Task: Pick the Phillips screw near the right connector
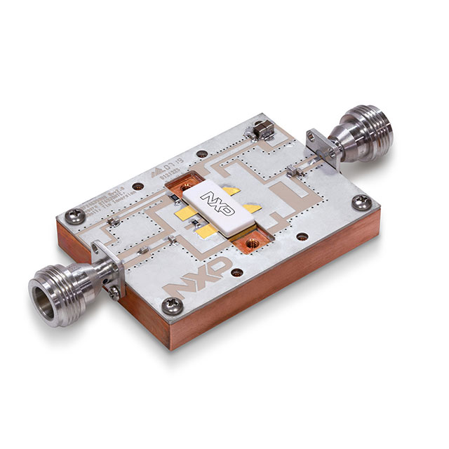[x=360, y=203]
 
